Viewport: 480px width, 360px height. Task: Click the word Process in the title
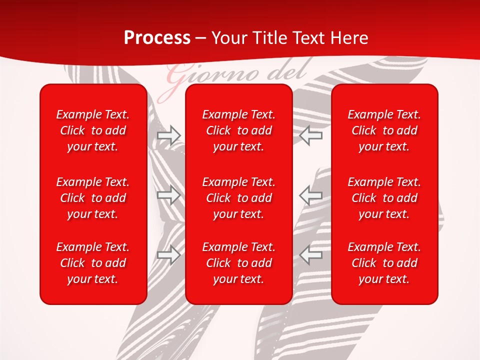click(x=157, y=38)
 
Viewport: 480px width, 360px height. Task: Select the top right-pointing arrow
click(x=169, y=135)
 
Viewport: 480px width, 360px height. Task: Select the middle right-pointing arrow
click(x=169, y=195)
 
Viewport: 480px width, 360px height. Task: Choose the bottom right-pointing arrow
click(x=169, y=255)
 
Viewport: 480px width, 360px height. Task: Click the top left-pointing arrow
click(x=311, y=135)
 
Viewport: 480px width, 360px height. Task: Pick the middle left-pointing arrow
click(x=311, y=195)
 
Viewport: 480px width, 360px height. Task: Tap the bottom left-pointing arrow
click(x=311, y=255)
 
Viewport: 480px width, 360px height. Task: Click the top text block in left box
click(x=93, y=130)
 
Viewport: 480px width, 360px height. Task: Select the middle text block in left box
click(x=93, y=198)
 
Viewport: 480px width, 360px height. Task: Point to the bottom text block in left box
click(x=93, y=263)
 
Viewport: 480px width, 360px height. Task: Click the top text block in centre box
click(x=239, y=130)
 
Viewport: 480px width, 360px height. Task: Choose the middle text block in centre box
click(x=239, y=198)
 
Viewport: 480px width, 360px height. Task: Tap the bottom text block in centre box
click(x=239, y=263)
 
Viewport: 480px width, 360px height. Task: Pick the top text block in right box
click(x=384, y=130)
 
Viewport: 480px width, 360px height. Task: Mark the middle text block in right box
click(x=384, y=198)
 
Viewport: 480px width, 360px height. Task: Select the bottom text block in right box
click(x=384, y=263)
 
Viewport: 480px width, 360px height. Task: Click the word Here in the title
click(x=350, y=38)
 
